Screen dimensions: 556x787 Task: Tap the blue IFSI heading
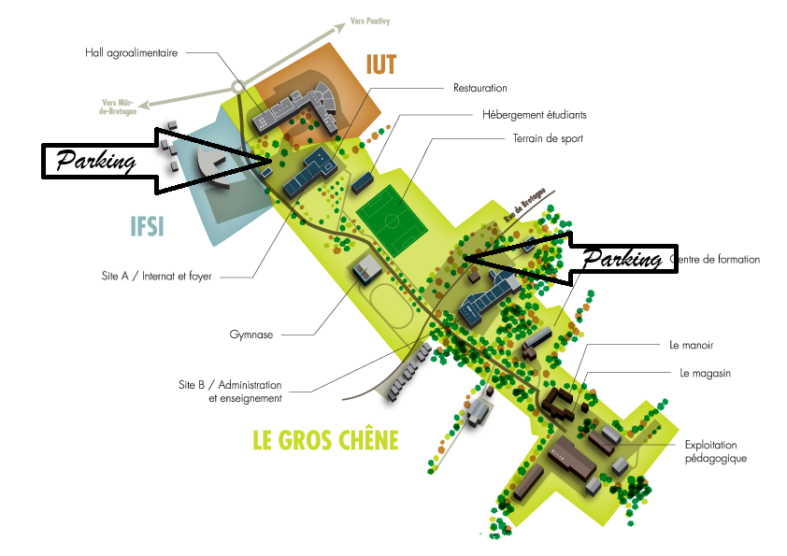point(147,227)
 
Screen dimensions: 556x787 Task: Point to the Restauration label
point(479,88)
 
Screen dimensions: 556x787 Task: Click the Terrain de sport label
point(547,138)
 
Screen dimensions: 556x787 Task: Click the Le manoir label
point(692,345)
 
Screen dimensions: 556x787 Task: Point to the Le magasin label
point(705,374)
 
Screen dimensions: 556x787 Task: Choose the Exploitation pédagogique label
point(716,451)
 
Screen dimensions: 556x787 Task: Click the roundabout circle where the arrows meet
point(238,86)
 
